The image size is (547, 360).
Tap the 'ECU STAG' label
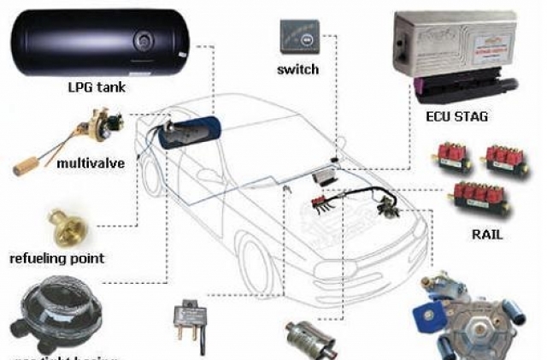click(x=454, y=116)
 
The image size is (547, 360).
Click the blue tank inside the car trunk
click(x=191, y=134)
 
